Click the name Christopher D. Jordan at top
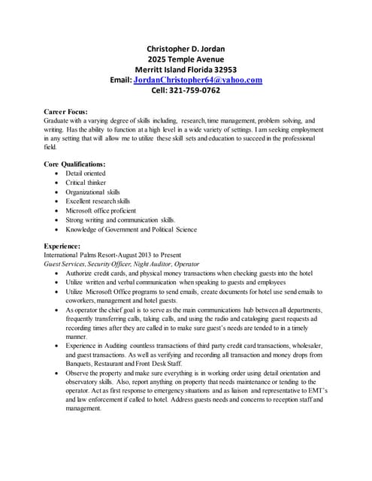pos(186,50)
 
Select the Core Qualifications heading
pos(75,163)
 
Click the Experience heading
pos(66,246)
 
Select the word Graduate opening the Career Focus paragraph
pos(59,120)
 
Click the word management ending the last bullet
pos(83,410)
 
